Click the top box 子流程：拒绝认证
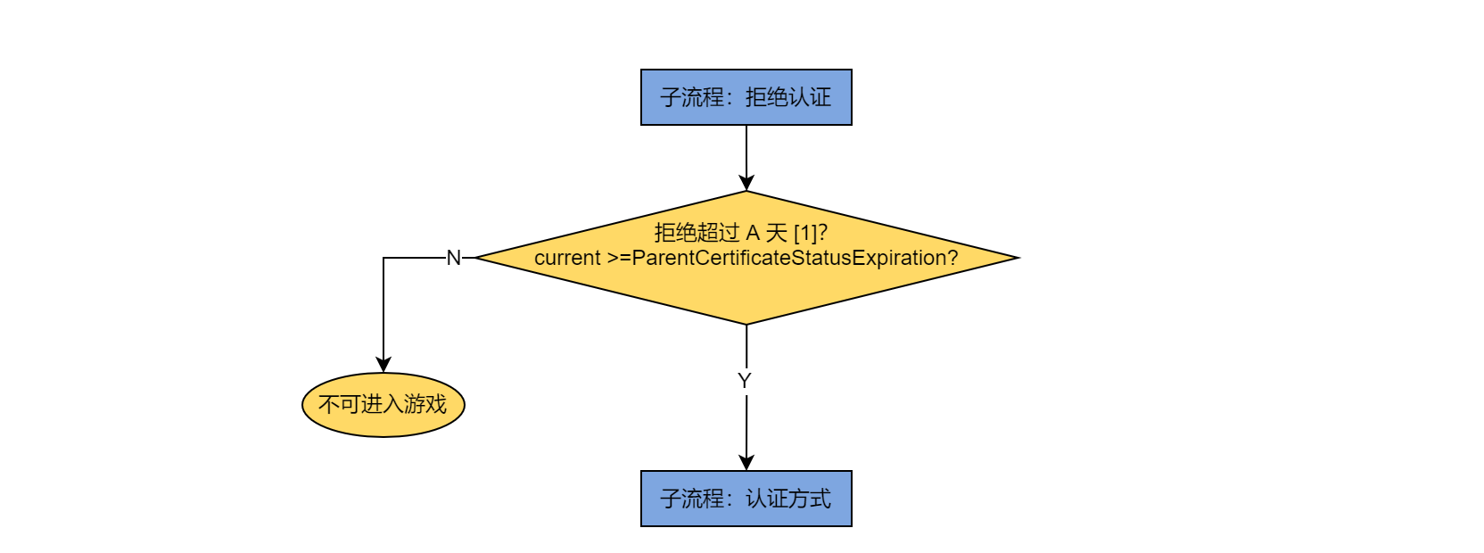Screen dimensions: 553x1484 click(746, 97)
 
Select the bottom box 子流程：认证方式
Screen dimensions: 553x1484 click(746, 499)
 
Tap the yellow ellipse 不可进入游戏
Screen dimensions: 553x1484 click(383, 405)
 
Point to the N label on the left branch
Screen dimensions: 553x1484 click(453, 258)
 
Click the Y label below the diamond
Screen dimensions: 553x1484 click(745, 381)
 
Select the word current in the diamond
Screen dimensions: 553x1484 click(567, 258)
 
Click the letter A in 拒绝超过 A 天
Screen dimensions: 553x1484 click(753, 233)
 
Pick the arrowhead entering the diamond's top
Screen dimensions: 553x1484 click(746, 183)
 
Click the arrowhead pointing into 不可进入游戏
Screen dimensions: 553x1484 click(383, 365)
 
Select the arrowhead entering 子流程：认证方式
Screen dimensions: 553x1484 click(746, 463)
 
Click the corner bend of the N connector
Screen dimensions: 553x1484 click(383, 258)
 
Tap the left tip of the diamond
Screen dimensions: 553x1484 click(478, 258)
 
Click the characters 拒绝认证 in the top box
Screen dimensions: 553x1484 click(788, 97)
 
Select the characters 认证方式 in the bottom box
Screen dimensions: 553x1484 click(788, 499)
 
